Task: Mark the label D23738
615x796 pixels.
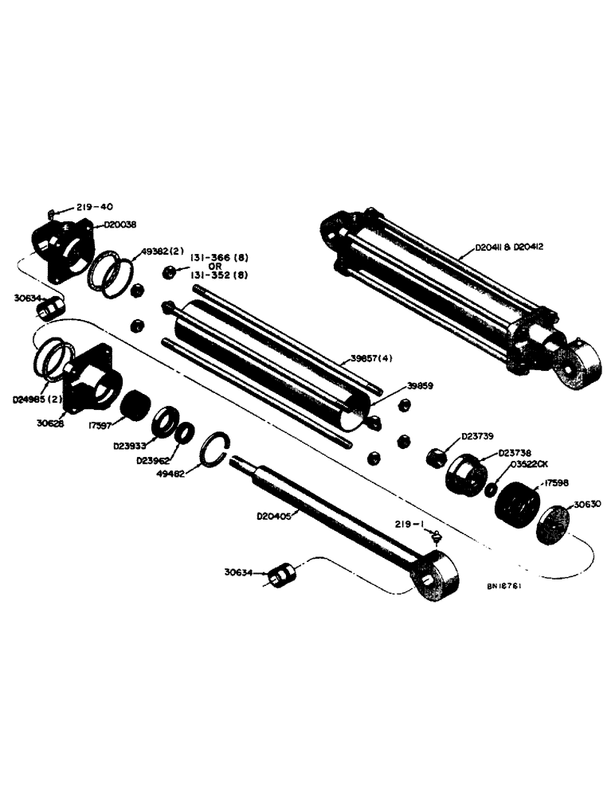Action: click(x=515, y=452)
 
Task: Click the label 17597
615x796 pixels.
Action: click(x=100, y=425)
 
